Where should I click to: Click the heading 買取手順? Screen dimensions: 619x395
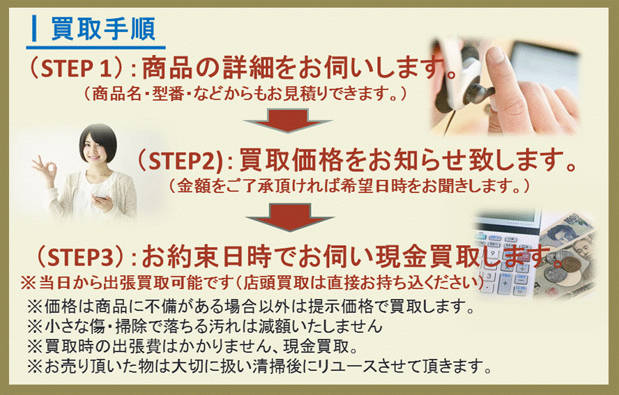point(103,29)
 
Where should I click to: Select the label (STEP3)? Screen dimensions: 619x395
point(82,257)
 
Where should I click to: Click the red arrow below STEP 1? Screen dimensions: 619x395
point(287,121)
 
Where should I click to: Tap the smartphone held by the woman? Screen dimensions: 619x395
point(100,194)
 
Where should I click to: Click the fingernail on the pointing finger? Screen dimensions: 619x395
point(495,55)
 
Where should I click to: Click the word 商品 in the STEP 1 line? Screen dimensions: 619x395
point(166,68)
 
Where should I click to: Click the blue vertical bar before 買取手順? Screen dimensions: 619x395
point(35,29)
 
